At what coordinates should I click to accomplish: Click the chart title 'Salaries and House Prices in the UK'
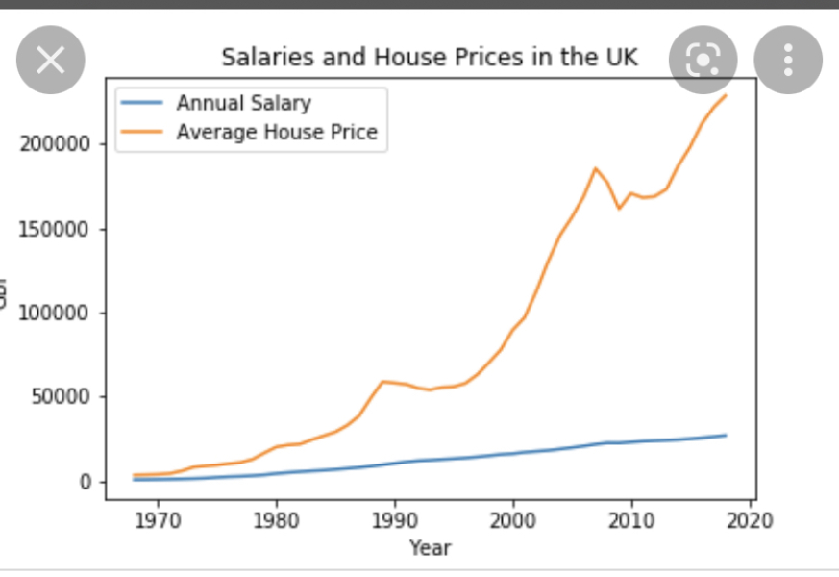430,57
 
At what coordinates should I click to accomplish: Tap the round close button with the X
51,61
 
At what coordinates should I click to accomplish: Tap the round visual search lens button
703,60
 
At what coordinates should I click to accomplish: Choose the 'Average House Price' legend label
277,132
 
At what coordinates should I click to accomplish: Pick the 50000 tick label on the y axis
59,397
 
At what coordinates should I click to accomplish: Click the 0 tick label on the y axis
84,482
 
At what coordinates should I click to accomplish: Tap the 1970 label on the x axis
158,522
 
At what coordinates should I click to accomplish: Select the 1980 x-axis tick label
277,522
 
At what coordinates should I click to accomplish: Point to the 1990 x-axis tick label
395,522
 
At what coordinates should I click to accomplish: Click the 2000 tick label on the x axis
513,522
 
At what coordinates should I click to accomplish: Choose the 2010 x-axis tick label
631,522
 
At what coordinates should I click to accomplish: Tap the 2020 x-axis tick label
750,522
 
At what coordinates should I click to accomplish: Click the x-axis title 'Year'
430,548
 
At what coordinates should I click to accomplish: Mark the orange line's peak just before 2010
596,168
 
